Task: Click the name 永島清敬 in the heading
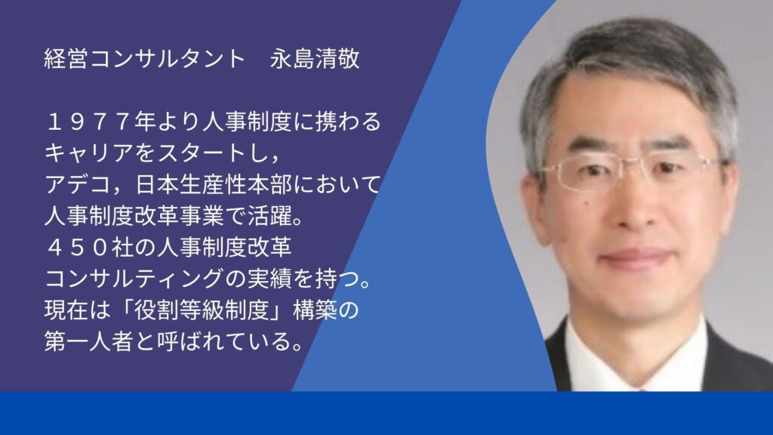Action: click(x=315, y=59)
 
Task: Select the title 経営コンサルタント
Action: click(x=144, y=59)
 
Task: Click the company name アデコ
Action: click(x=78, y=185)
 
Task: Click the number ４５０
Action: click(x=78, y=248)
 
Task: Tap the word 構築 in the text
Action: click(x=315, y=310)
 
